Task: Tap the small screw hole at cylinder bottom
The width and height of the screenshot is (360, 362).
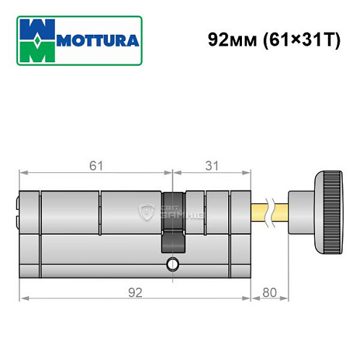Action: click(x=172, y=263)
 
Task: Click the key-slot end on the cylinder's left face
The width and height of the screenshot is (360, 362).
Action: click(x=19, y=210)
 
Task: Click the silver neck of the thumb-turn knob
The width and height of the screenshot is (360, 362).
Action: click(x=298, y=210)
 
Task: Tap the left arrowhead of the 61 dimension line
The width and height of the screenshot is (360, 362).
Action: click(x=22, y=174)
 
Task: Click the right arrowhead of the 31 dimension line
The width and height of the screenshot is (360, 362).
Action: click(x=248, y=174)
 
